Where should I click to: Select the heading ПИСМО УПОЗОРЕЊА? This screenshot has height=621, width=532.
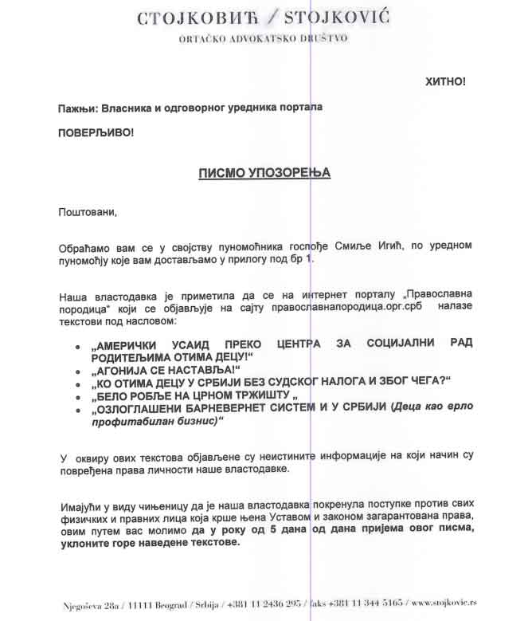[264, 172]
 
